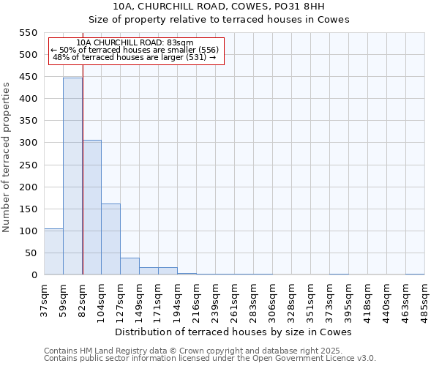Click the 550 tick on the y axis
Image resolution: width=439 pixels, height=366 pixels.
click(28, 33)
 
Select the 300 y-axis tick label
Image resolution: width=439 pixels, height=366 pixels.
click(28, 143)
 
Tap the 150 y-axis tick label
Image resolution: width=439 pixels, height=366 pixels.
click(28, 209)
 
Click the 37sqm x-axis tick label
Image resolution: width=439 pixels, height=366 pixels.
click(44, 299)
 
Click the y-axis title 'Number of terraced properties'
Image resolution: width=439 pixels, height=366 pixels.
click(7, 157)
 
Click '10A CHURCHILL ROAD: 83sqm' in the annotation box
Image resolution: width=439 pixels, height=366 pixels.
click(135, 42)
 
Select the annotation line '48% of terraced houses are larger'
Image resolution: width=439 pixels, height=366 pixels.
click(135, 57)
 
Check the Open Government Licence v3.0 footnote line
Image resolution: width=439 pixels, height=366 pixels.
click(210, 358)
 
